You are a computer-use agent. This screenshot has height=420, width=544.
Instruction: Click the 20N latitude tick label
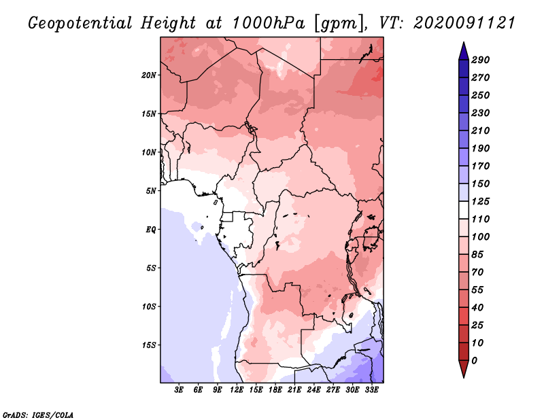click(x=149, y=75)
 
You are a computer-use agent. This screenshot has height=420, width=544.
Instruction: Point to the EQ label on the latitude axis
click(x=151, y=229)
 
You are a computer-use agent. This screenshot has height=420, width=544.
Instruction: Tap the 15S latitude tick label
click(x=149, y=345)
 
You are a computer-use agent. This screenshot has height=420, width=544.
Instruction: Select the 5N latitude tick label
click(x=151, y=190)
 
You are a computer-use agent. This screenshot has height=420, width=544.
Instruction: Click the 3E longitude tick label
click(x=180, y=390)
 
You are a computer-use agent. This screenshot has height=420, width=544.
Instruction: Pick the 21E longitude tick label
click(x=294, y=390)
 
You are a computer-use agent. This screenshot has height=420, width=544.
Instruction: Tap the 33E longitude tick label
click(x=371, y=390)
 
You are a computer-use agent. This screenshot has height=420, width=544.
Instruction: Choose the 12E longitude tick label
click(x=237, y=390)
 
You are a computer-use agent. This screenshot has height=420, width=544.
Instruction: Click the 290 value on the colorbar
click(x=481, y=60)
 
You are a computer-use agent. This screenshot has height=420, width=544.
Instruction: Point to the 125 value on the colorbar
click(x=481, y=201)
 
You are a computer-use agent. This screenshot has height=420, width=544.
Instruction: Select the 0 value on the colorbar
click(x=475, y=360)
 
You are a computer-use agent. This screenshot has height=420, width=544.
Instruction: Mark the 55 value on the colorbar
click(x=478, y=290)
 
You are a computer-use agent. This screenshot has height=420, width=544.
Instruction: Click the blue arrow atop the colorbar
click(x=462, y=50)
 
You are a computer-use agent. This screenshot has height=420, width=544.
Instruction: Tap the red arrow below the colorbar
click(x=462, y=369)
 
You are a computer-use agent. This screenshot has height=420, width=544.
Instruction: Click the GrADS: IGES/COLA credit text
click(x=38, y=414)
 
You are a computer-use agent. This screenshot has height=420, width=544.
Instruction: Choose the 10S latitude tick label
click(x=149, y=306)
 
